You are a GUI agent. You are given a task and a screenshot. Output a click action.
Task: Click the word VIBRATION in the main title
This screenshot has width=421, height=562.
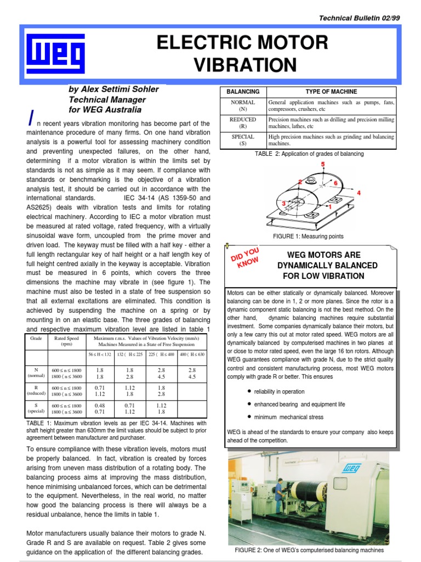[x=245, y=65]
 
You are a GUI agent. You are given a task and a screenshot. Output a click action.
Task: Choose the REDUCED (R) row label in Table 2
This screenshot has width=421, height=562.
[x=243, y=122]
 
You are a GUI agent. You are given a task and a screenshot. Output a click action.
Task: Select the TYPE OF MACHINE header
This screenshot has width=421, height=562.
[x=331, y=92]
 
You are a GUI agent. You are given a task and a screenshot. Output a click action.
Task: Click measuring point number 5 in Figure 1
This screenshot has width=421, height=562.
[x=322, y=165]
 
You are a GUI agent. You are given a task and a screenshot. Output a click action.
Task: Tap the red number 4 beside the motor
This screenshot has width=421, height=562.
[x=359, y=193]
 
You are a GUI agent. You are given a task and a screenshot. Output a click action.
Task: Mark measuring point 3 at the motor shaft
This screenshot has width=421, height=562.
[x=284, y=204]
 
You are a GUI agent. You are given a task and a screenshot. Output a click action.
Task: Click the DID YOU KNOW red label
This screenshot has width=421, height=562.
[x=245, y=258]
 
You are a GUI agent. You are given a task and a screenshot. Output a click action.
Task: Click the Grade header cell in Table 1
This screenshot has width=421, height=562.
[x=37, y=339]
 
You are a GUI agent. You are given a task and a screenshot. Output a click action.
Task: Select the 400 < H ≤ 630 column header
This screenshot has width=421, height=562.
[x=191, y=355]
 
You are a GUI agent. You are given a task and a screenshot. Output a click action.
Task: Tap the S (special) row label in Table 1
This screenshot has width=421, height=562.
[x=37, y=409]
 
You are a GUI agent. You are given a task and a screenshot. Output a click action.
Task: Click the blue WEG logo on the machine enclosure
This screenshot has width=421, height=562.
[x=351, y=469]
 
